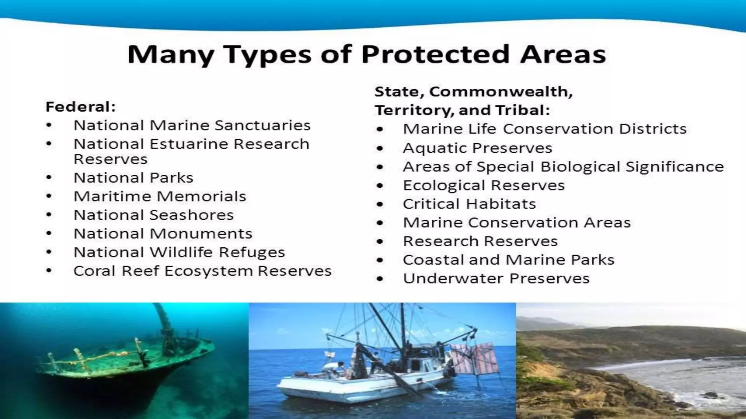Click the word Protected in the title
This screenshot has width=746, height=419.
point(435,55)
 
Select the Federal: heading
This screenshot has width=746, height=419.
point(81,107)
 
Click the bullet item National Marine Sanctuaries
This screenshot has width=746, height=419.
point(192,125)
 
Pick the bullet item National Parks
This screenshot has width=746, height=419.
point(133,178)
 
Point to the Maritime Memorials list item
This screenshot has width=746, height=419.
point(160,196)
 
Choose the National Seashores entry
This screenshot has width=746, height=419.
point(153,215)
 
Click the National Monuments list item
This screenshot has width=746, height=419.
point(163,234)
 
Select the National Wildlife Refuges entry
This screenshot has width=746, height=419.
point(179,252)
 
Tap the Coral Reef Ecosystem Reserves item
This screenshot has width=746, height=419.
point(203,271)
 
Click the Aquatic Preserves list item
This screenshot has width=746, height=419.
point(478,148)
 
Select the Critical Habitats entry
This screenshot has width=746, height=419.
point(469,204)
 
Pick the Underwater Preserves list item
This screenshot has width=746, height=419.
point(496,279)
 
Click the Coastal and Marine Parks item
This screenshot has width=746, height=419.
point(509,260)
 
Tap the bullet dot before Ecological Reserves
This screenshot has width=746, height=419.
point(380,186)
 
